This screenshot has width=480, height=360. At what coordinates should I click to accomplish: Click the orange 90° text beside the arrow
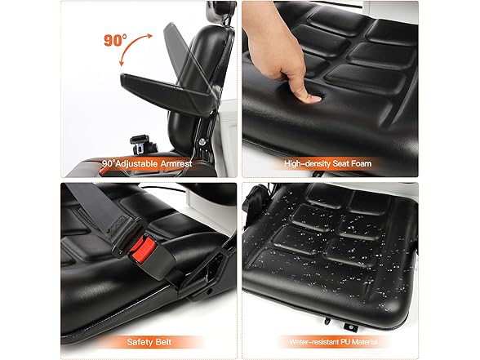point(115,40)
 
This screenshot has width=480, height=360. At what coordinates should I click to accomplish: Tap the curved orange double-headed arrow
point(131,46)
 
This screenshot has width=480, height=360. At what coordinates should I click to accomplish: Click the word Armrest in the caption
point(176,164)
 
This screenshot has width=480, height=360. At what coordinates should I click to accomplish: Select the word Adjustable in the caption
point(136,164)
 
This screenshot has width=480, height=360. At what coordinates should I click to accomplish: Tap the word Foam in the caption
point(361,164)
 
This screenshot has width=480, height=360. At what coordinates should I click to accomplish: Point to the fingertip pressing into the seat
point(311,98)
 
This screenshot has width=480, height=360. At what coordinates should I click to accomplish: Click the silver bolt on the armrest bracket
point(202,141)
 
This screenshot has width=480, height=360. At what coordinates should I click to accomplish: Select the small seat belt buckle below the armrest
point(140,144)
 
